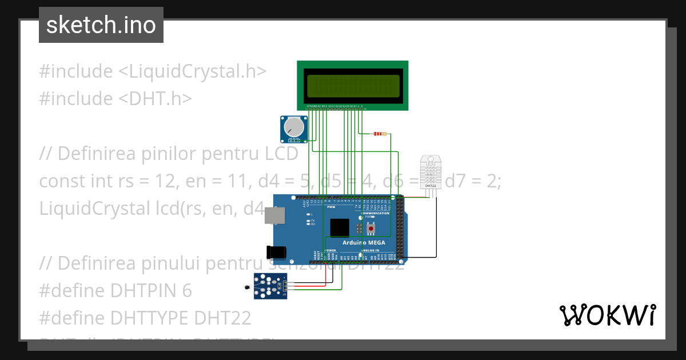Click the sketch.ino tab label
click(101, 25)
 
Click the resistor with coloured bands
click(379, 134)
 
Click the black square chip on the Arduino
click(340, 227)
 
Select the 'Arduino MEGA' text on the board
click(364, 243)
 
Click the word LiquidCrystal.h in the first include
click(198, 71)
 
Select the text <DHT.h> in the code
click(155, 99)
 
